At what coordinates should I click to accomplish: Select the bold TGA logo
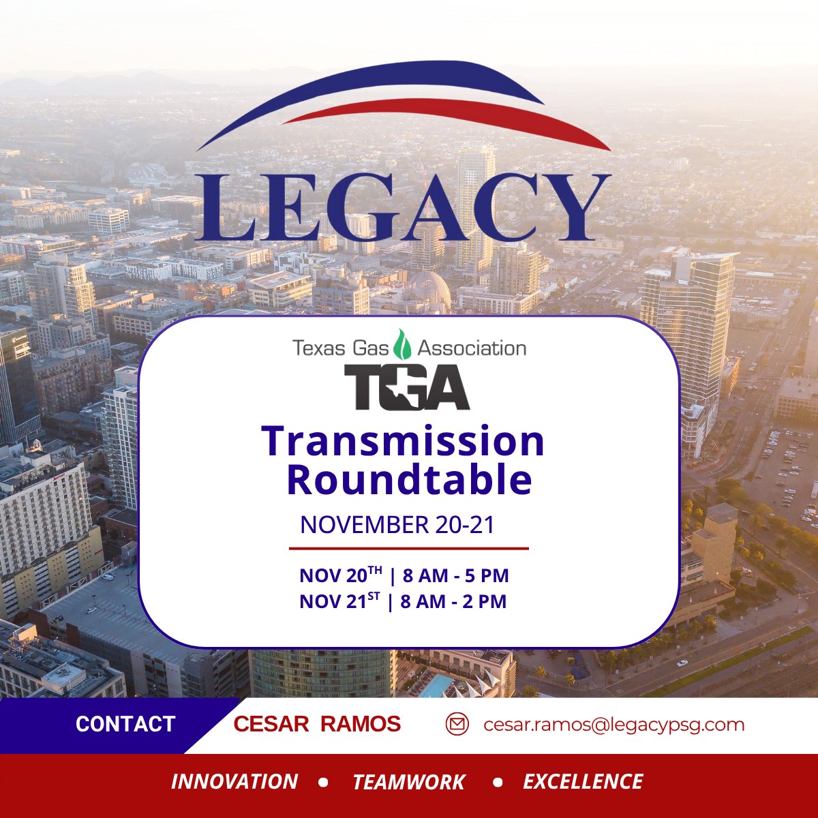407,387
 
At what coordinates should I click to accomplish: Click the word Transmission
404,441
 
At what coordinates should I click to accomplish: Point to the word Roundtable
409,479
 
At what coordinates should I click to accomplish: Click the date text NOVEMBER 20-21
397,525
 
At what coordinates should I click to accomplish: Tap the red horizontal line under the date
409,548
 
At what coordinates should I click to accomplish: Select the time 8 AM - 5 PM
455,576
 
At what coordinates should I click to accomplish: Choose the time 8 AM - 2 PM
453,602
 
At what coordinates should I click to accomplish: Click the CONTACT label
125,724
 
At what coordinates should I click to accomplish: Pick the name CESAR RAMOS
317,724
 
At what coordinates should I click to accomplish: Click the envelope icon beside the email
457,724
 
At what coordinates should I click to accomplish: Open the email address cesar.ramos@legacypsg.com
613,725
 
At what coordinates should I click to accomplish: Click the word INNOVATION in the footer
234,782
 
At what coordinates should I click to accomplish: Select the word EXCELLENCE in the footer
583,782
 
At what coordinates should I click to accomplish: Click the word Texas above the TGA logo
316,348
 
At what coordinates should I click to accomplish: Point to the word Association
472,348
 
